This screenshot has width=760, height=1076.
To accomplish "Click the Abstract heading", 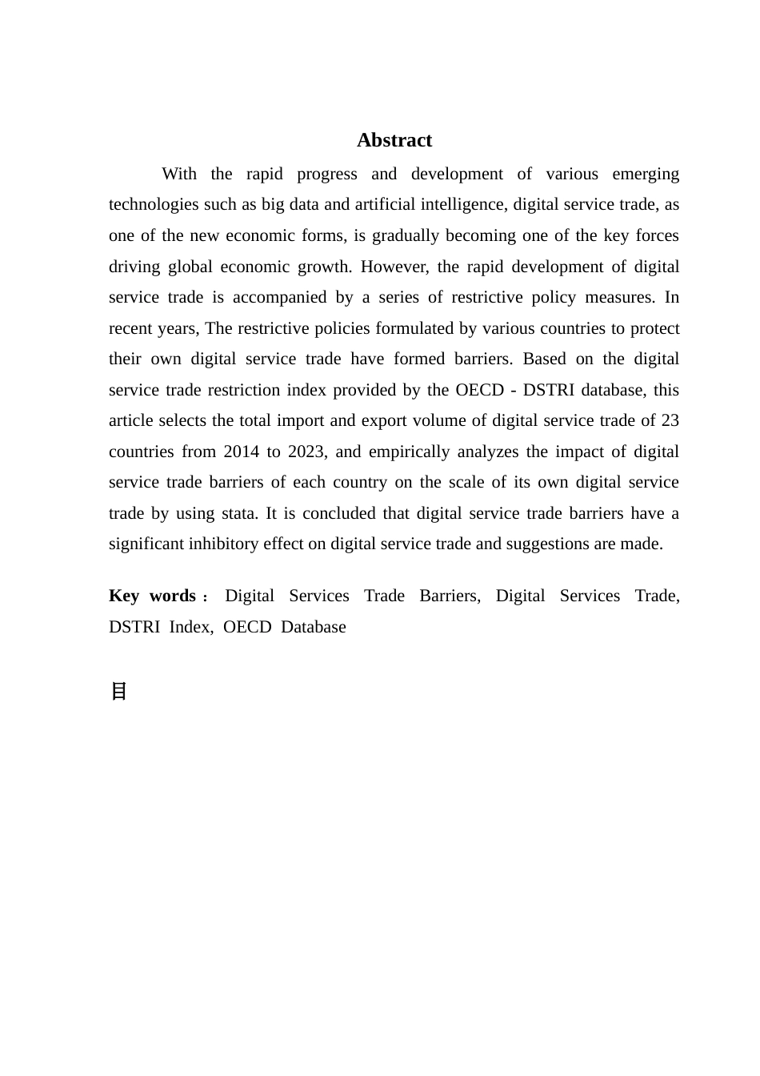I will (394, 140).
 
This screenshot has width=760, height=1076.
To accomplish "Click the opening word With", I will (179, 174).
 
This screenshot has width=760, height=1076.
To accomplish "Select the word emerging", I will (645, 174).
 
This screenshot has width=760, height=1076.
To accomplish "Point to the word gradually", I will (406, 235).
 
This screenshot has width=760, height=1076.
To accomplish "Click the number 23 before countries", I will (670, 420).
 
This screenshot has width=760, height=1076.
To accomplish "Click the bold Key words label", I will (153, 596).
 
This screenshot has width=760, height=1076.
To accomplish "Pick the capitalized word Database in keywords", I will (314, 627).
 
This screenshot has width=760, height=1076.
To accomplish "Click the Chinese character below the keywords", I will (118, 691).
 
